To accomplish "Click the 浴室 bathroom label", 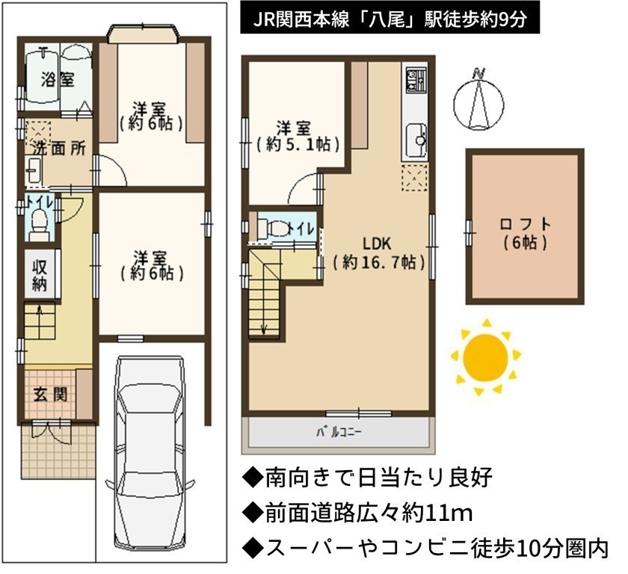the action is coord(58,80).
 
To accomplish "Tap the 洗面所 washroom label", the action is coord(59,148).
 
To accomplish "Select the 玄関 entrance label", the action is coord(50,395).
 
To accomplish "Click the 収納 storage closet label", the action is coord(39,274).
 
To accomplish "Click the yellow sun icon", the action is coord(485,357).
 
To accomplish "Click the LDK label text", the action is coord(377,244).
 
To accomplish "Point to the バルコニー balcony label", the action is coord(339,432).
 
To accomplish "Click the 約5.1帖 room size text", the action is coord(298,144).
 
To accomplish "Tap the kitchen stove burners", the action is coord(416,79).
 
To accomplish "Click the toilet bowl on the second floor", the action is coord(272,228).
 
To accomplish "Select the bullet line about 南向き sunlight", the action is coord(368,478).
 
